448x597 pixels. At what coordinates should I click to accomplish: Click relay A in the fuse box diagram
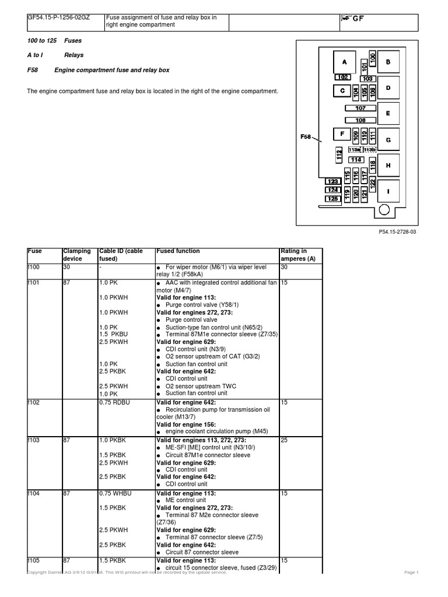(x=344, y=62)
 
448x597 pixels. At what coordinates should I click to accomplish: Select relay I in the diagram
(x=388, y=191)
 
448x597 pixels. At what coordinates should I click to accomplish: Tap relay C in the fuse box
(x=341, y=90)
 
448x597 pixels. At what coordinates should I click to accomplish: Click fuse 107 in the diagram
(x=360, y=108)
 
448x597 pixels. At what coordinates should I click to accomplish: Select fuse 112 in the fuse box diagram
(x=339, y=154)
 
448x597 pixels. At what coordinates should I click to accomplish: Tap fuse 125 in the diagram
(x=332, y=198)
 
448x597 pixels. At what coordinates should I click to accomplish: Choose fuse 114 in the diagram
(x=356, y=160)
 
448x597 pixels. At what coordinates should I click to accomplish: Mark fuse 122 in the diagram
(x=373, y=183)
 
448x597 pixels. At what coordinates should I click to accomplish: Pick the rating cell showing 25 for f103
(x=284, y=440)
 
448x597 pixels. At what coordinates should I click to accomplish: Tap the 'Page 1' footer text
(x=411, y=573)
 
